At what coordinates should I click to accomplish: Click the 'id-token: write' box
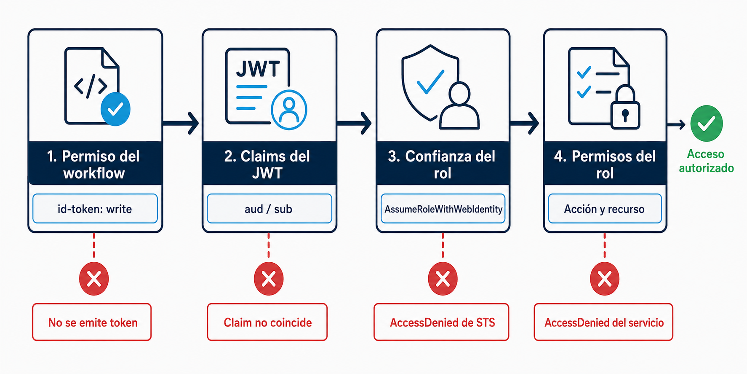point(95,208)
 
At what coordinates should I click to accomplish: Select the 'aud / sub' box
point(269,208)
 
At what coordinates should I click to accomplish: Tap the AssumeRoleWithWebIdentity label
point(443,209)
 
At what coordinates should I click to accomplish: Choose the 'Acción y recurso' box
point(605,208)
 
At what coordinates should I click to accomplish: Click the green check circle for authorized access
point(707,124)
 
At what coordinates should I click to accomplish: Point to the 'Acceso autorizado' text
point(706,161)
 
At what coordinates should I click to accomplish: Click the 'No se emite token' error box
point(92,322)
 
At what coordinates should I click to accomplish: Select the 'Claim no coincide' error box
point(267,322)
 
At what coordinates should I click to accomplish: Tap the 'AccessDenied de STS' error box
point(441,322)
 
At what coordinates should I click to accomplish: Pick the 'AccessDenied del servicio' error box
point(603,322)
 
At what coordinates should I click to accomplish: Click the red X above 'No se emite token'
point(94,279)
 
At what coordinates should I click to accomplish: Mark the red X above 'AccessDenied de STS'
point(443,279)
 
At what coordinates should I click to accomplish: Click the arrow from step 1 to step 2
point(181,123)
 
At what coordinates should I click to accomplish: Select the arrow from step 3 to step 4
point(524,123)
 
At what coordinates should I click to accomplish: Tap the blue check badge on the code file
point(115,109)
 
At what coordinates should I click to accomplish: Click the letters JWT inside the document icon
point(258,68)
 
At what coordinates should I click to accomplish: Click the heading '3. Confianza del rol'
point(442,164)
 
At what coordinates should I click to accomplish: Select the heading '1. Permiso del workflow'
point(93,164)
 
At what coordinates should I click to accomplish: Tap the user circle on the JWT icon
point(289,110)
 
